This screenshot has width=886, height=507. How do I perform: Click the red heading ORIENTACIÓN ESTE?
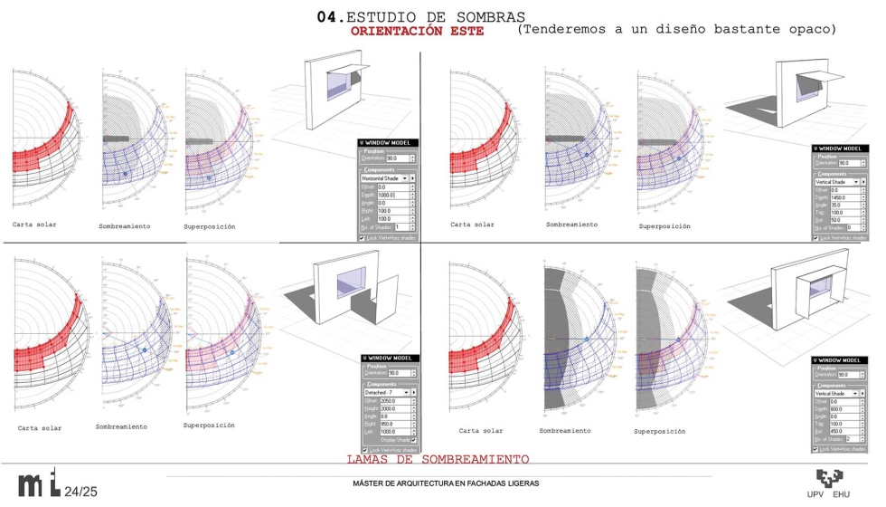pos(417,31)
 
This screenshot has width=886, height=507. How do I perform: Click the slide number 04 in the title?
pos(326,17)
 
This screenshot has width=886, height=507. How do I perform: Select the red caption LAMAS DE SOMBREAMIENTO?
pos(438,460)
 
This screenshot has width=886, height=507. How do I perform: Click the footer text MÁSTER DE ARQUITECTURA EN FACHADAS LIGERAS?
pos(446,483)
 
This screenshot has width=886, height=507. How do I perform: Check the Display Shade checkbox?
pos(412,440)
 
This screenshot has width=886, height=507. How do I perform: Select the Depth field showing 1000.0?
pos(390,195)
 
